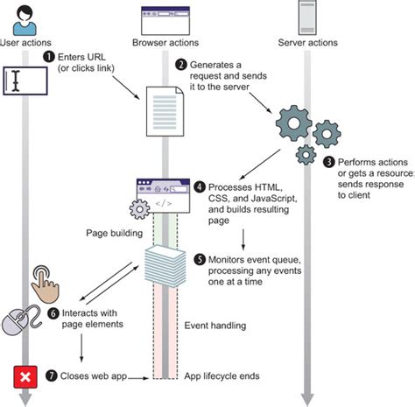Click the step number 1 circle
tap(48, 57)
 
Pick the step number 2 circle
tap(181, 64)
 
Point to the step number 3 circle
tap(329, 162)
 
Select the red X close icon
tap(25, 377)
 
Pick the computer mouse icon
tap(18, 318)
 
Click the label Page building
tap(110, 234)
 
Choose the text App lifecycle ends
tap(222, 377)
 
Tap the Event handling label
tap(216, 326)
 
